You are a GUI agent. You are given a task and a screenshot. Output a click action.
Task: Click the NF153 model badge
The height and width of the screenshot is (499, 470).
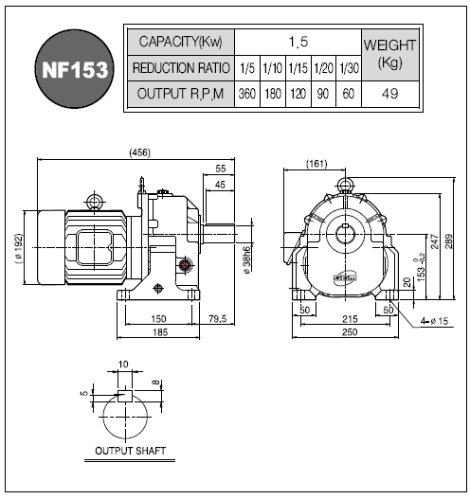(74, 69)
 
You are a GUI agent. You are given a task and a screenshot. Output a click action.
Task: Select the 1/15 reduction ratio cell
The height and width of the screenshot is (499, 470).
(298, 68)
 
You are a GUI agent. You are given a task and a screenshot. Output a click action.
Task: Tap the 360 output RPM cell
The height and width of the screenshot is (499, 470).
(247, 94)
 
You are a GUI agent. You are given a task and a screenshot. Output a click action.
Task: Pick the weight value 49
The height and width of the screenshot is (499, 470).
(390, 94)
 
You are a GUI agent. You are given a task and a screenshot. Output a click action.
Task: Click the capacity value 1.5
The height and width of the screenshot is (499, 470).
(298, 42)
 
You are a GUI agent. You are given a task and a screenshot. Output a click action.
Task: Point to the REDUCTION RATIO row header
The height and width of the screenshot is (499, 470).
(181, 68)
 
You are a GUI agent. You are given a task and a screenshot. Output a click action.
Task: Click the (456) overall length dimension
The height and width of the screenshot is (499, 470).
(139, 152)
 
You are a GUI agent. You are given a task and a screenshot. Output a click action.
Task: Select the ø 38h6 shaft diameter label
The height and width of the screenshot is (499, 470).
(246, 259)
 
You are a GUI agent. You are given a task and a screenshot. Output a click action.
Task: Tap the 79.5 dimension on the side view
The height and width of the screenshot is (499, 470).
(218, 318)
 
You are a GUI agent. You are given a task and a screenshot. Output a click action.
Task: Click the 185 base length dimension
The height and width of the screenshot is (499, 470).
(160, 332)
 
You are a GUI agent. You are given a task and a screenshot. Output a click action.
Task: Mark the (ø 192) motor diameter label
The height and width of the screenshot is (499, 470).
(19, 248)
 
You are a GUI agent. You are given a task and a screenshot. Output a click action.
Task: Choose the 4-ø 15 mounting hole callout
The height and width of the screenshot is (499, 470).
(434, 321)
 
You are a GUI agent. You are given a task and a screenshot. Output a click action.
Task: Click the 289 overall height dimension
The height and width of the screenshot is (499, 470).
(448, 241)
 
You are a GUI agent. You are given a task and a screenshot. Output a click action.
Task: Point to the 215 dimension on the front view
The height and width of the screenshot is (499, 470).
(350, 318)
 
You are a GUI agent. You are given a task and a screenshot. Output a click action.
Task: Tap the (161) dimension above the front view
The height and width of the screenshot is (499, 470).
(316, 164)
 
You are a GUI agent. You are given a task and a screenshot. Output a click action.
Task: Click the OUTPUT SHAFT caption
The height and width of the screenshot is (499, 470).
(130, 451)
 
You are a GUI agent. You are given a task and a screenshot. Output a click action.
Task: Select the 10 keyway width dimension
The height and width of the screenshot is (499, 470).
(123, 364)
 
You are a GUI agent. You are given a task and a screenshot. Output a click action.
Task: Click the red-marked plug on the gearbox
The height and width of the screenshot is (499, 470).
(185, 264)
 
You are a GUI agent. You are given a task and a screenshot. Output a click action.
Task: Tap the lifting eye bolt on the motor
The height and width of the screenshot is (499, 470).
(95, 202)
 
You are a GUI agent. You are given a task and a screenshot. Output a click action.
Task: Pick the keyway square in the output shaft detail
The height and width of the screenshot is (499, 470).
(125, 396)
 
